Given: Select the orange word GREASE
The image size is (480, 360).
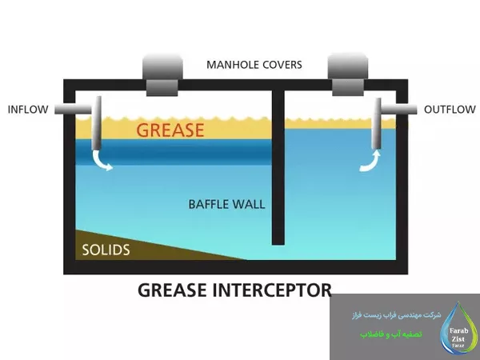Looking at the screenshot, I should [170, 130].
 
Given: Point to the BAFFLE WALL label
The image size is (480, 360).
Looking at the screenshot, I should [226, 203].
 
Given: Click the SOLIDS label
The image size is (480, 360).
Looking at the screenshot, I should [106, 250].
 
